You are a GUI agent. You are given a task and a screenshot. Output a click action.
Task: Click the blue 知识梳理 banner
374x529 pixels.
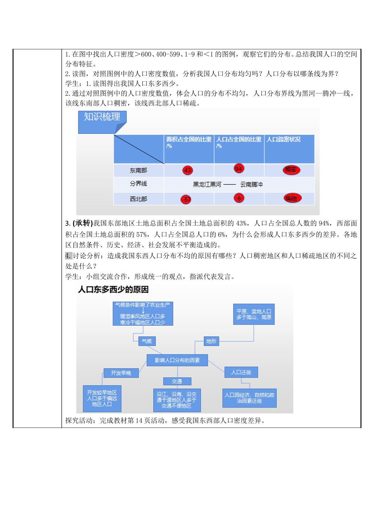pos(102,122)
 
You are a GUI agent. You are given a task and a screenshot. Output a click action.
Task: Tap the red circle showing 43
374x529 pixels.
pos(188,170)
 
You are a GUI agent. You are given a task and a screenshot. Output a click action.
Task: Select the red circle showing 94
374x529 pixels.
pos(239,169)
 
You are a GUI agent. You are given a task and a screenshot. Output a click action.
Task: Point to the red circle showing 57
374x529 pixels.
pos(186,199)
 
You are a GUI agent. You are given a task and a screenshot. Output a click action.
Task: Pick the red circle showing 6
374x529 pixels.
pos(239,198)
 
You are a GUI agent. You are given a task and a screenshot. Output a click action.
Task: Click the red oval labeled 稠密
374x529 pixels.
pos(291,170)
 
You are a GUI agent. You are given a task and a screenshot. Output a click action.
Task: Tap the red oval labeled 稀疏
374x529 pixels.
pos(293,199)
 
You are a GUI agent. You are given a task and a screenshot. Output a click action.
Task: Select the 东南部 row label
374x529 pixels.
pos(138,170)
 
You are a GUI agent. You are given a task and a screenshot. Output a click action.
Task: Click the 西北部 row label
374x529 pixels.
pos(138,199)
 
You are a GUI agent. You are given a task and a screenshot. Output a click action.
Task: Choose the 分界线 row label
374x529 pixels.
pos(138,184)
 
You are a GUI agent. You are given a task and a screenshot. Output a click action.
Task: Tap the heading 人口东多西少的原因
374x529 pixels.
pos(113,290)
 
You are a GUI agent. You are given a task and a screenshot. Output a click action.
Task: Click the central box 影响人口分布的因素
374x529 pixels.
pos(177,360)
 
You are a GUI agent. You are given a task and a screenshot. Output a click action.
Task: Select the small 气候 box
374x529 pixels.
pos(147,341)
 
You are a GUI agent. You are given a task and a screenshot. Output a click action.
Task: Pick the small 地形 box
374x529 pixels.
pos(211,341)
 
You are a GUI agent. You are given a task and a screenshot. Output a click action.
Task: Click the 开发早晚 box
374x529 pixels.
pos(121,373)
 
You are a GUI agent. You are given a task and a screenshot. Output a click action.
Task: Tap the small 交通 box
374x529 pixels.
pos(177,381)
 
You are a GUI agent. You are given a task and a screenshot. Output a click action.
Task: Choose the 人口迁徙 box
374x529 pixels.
pos(241,372)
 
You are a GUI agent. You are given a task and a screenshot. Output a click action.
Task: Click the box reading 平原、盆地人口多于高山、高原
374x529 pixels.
pos(254,314)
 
